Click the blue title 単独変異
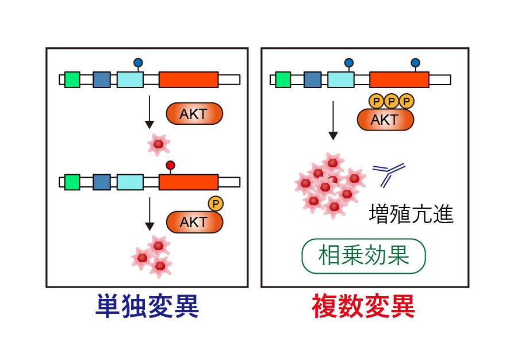pos(147,307)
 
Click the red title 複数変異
pos(363,307)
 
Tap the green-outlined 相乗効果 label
pos(363,256)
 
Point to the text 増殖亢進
pos(411,215)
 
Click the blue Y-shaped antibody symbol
pos(388,174)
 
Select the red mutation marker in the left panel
pos(170,166)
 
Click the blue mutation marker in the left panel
pos(138,62)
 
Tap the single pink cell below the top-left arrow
pos(158,144)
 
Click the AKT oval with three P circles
pos(385,120)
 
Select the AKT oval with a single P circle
pos(193,222)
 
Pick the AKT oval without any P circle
pos(194,114)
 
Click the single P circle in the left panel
pos(216,203)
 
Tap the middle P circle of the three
pos(392,102)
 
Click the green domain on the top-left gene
pos(72,79)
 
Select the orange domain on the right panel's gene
pos(399,79)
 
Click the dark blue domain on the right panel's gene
pos(312,79)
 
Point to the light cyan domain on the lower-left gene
pos(130,182)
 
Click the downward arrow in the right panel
pos(333,121)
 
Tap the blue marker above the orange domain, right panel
pos(415,63)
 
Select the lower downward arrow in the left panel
pos(149,214)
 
